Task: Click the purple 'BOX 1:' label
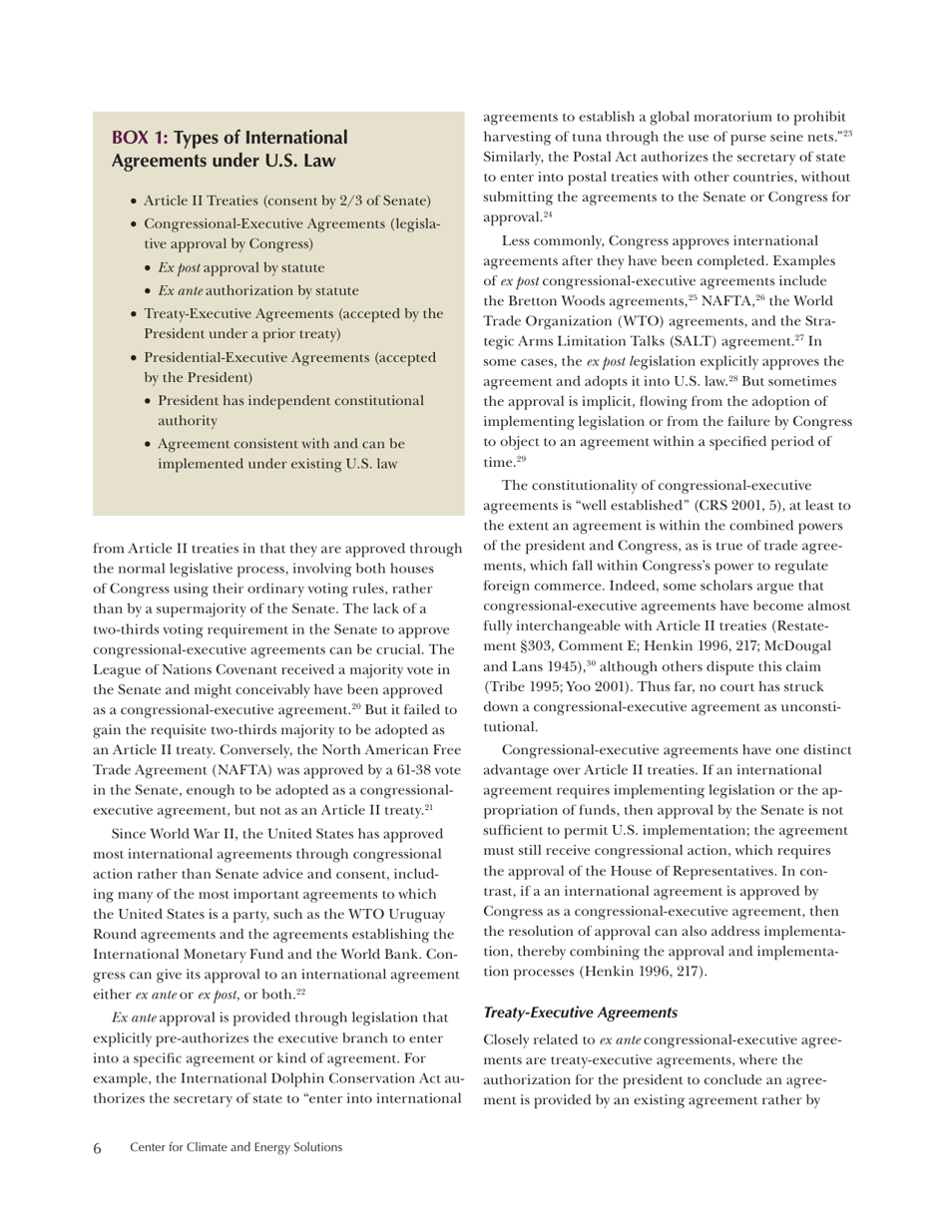tap(140, 138)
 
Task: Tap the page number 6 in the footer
tap(98, 1148)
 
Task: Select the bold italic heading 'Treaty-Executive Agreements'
tap(580, 1012)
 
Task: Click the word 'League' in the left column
tap(117, 668)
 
